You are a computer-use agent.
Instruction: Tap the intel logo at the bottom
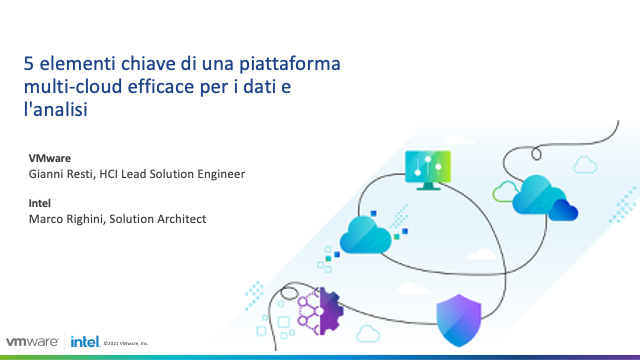tap(84, 342)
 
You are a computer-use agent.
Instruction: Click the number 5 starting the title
tap(30, 65)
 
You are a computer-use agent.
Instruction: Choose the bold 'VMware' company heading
tap(50, 158)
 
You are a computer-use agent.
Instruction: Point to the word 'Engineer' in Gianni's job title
tap(220, 174)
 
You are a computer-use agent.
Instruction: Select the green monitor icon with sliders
tap(427, 169)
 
